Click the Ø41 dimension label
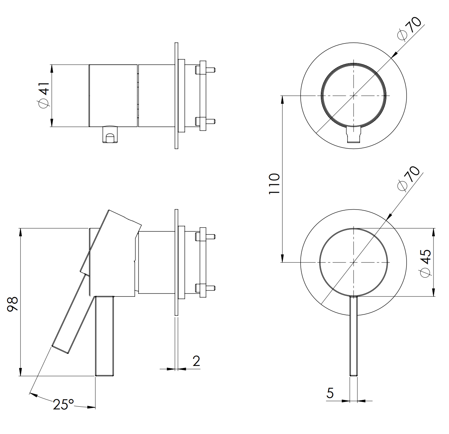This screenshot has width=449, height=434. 44,95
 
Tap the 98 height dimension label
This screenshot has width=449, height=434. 12,304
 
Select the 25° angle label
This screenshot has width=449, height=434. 63,404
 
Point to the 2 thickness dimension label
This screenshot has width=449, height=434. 196,361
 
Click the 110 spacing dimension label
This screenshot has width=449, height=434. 274,184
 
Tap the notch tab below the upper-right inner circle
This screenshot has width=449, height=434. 354,134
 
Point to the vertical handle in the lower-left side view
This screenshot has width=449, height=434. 104,336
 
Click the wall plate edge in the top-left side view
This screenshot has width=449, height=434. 177,95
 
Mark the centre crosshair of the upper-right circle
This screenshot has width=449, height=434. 354,95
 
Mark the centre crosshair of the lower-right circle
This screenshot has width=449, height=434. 354,262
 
